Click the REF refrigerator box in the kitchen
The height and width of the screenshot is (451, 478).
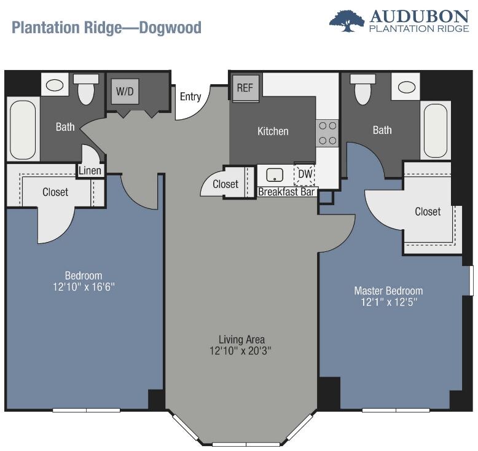click(x=245, y=88)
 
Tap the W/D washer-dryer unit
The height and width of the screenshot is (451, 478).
click(x=125, y=91)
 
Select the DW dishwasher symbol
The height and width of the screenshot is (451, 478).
click(x=304, y=174)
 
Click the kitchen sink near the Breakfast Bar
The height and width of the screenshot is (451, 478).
click(x=275, y=175)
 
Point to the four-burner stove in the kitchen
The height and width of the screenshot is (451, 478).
click(x=327, y=133)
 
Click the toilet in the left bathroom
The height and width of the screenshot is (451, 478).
click(x=85, y=88)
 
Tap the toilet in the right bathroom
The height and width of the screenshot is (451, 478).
click(x=362, y=88)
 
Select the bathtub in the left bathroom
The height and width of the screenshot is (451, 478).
click(x=23, y=129)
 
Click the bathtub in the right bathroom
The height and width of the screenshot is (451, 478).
click(x=436, y=130)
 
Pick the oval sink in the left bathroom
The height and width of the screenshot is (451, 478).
click(x=55, y=85)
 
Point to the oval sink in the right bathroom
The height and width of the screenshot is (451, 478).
click(x=406, y=87)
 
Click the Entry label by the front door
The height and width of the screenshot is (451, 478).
click(x=190, y=96)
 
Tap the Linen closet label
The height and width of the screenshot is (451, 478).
click(x=90, y=170)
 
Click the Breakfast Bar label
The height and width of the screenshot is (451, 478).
click(x=286, y=192)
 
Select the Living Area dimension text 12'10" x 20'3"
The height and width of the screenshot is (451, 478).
click(x=240, y=351)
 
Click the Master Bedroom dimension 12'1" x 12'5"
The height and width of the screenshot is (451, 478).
click(x=389, y=302)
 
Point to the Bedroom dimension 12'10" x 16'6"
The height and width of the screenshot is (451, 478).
click(x=84, y=287)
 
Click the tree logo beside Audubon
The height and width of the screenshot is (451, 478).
click(x=347, y=20)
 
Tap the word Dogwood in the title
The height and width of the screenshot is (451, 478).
click(x=170, y=28)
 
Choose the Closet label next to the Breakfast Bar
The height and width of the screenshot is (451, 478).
click(x=225, y=184)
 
